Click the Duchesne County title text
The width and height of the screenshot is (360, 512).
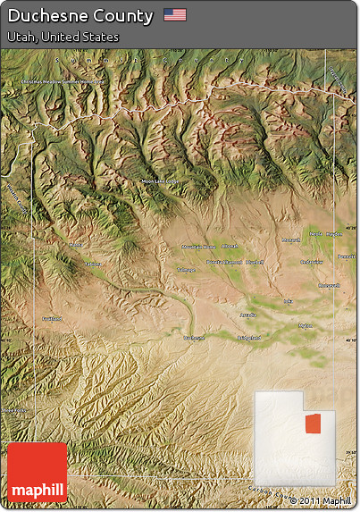80,15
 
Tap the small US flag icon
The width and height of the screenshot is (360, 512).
175,15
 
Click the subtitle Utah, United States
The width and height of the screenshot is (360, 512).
62,37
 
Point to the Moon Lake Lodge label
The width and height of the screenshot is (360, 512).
160,181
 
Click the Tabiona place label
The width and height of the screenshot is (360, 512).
92,264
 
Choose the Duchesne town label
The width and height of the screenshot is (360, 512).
193,338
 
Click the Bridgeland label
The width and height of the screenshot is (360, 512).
248,338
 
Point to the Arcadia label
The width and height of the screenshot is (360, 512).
247,315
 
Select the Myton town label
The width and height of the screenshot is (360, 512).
306,326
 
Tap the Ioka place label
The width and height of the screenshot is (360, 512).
287,302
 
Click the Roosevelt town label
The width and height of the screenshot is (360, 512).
329,286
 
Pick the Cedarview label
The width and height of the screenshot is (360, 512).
312,262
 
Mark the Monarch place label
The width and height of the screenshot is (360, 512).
292,240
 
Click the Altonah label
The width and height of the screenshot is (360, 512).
230,246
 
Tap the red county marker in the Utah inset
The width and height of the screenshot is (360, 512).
312,421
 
